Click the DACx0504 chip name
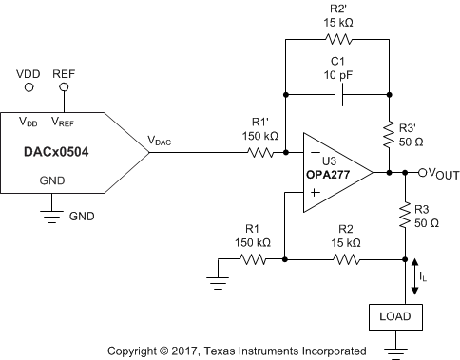56,149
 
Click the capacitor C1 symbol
338,94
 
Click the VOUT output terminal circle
408,173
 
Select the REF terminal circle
65,88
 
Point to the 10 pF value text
338,74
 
